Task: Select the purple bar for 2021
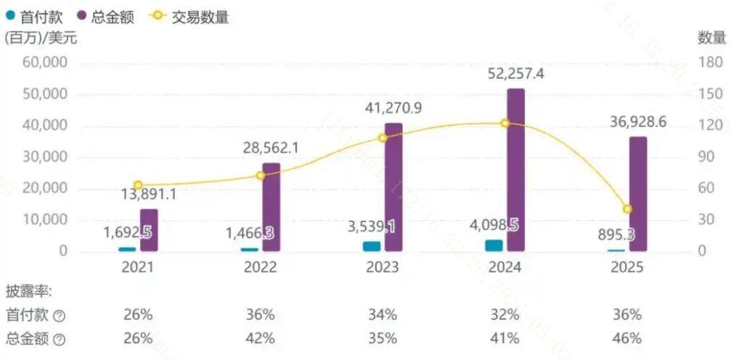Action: (149, 231)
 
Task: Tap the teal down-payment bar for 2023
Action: (371, 246)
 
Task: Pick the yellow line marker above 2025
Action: (627, 209)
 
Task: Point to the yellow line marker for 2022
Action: (261, 176)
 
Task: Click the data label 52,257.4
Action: (516, 74)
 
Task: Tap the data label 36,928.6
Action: (638, 122)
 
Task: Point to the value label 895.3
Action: (629, 234)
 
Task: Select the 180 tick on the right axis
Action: (710, 63)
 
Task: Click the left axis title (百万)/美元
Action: (41, 38)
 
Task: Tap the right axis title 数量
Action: (711, 38)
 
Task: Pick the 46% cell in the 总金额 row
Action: (626, 338)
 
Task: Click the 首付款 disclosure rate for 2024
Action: (505, 315)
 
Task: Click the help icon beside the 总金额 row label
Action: (60, 339)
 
